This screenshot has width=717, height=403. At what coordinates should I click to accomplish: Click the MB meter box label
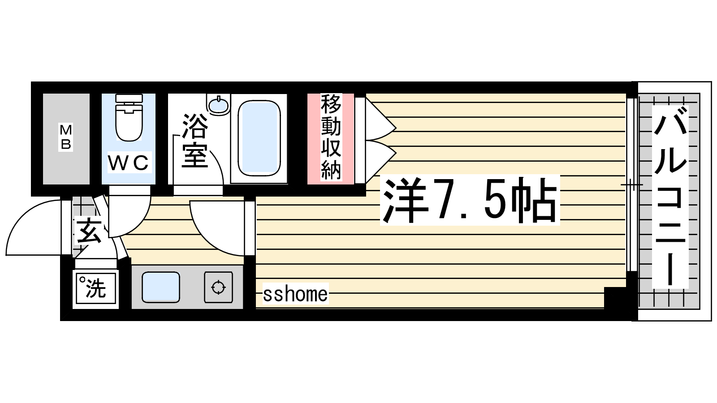tap(66, 137)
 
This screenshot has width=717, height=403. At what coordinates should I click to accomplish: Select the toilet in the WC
tap(129, 117)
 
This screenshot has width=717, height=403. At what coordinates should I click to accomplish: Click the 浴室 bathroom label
tap(194, 141)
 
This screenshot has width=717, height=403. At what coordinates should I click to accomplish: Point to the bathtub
tap(259, 138)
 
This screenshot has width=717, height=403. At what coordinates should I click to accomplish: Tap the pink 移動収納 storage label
tap(331, 137)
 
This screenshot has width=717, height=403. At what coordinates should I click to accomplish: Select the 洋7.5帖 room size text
tap(470, 200)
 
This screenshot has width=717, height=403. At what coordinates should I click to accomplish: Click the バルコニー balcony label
tap(670, 197)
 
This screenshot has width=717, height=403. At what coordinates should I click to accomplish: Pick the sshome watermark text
tap(295, 294)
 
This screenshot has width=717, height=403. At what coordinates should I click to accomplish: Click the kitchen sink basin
tap(161, 287)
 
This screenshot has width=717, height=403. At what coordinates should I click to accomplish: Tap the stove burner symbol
tap(219, 287)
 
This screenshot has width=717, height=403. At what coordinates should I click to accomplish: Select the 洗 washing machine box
tap(96, 288)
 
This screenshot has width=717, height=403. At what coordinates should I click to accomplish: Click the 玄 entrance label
tap(88, 231)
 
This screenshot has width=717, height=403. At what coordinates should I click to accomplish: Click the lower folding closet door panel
tap(381, 162)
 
